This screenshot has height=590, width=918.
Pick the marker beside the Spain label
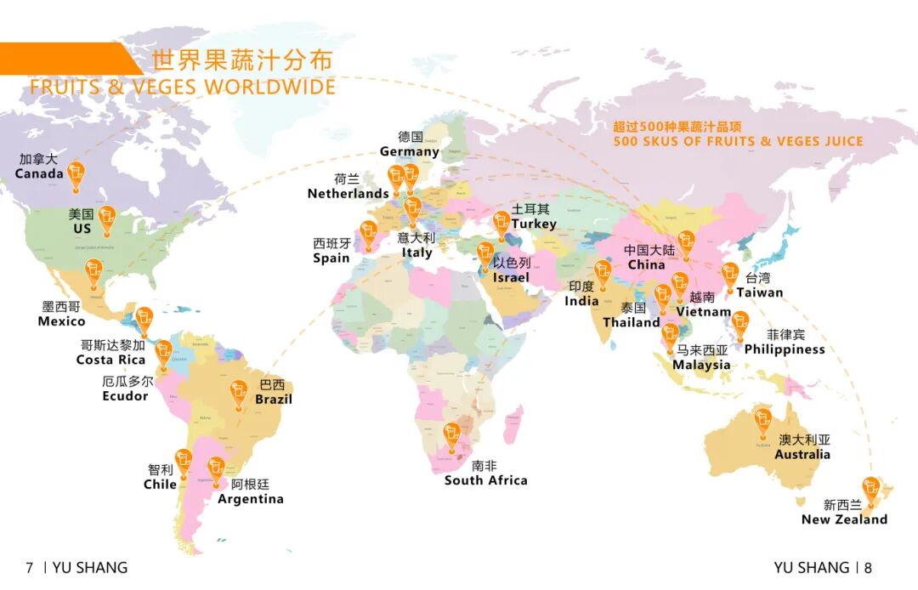(x=369, y=235)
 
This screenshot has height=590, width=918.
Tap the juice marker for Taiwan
(x=729, y=276)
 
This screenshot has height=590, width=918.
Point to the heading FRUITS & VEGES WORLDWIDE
(x=183, y=87)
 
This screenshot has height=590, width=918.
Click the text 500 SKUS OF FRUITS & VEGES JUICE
(x=738, y=141)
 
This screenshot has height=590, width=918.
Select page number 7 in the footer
(x=30, y=568)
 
